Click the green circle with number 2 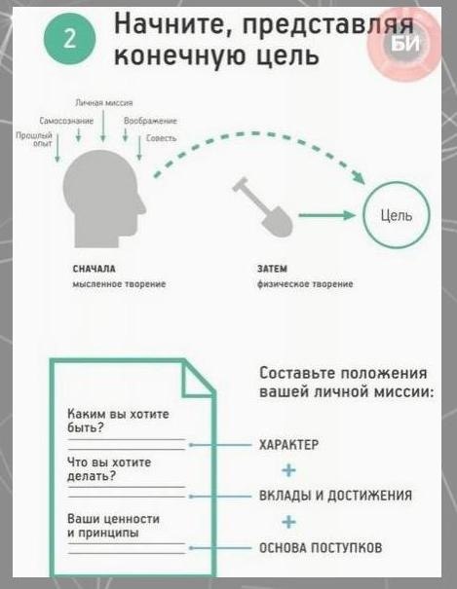point(70,39)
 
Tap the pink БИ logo point(404,45)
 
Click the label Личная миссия point(104,102)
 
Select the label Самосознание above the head point(66,121)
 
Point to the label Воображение point(150,121)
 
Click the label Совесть point(161,138)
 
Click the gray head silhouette point(102,199)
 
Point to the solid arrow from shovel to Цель point(327,215)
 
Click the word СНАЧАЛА point(94,269)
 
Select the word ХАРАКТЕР point(288,445)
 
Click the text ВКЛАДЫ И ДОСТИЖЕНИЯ point(335,496)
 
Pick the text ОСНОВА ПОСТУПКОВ point(321,548)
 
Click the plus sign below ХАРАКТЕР point(288,470)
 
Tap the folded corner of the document point(197,380)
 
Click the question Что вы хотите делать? point(109,469)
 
